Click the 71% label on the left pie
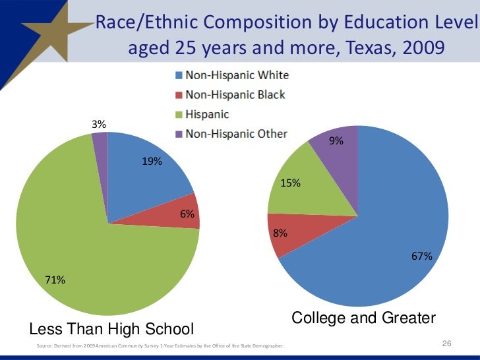(54, 280)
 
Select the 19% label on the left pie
(152, 162)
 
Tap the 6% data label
(187, 214)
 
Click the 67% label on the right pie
(422, 256)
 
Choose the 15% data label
(291, 183)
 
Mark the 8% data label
(280, 233)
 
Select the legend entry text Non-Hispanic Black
(235, 94)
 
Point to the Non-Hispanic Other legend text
(236, 134)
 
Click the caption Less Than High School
(112, 328)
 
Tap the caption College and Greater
(363, 318)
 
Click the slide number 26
(446, 345)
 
